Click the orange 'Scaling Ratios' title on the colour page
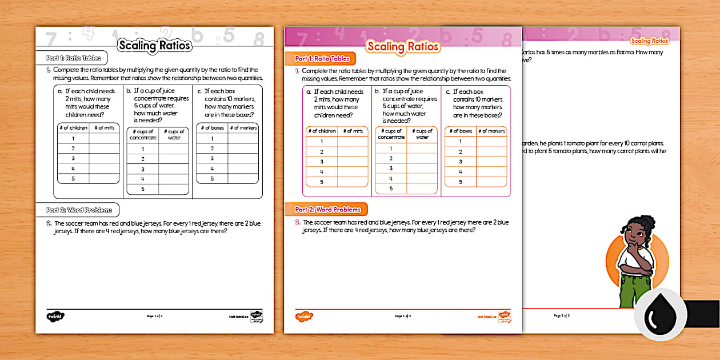[x=403, y=47]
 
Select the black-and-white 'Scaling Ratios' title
[x=154, y=46]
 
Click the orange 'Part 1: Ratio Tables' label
[x=321, y=58]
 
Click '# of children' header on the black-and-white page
[x=73, y=127]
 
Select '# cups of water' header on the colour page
[x=422, y=134]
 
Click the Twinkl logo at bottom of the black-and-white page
[x=55, y=315]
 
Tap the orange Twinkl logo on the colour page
[x=304, y=316]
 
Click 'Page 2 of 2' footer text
[x=562, y=315]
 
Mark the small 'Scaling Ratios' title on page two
[x=649, y=41]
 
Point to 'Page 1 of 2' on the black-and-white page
[x=155, y=315]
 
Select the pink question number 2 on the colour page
[x=297, y=222]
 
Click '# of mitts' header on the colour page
[x=353, y=131]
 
